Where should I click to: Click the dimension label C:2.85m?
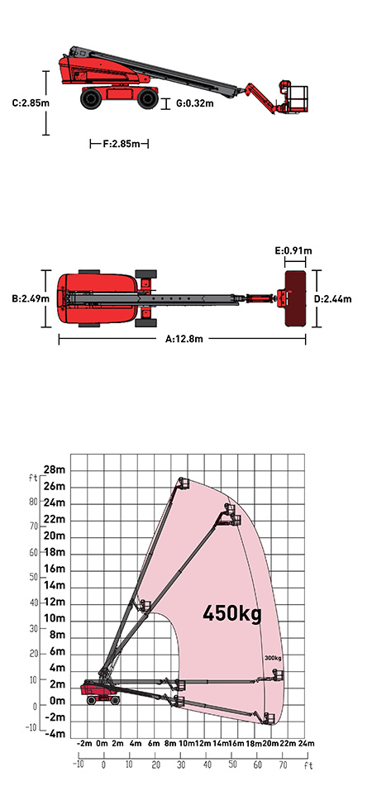[x=31, y=103]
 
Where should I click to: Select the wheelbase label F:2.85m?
[x=119, y=144]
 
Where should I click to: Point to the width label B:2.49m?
[x=31, y=299]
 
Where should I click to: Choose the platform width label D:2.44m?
[x=333, y=299]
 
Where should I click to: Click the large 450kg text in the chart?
[x=232, y=612]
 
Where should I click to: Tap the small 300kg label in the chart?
[x=273, y=658]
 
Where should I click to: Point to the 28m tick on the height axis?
[x=55, y=470]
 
